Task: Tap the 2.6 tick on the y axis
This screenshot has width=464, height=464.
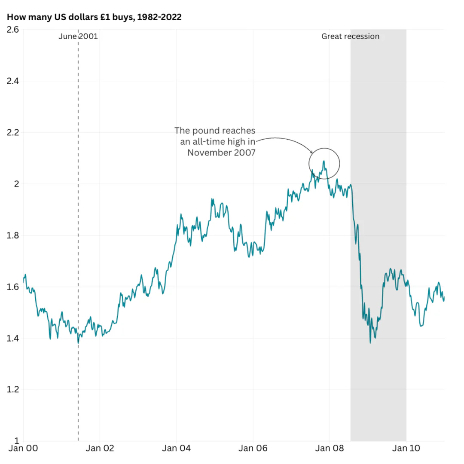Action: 12,30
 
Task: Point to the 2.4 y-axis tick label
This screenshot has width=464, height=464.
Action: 12,81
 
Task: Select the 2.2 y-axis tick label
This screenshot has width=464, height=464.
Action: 12,132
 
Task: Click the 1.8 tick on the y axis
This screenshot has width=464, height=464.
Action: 12,235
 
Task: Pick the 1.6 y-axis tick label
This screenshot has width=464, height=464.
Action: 12,287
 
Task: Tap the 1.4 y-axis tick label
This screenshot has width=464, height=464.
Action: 12,338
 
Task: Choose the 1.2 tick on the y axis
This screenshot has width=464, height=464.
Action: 12,390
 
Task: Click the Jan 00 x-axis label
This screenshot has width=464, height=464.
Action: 23,449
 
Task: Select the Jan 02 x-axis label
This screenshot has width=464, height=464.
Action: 100,449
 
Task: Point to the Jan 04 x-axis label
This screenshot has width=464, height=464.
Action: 176,449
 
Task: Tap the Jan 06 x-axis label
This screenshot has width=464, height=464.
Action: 253,449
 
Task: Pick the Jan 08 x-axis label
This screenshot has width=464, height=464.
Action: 330,449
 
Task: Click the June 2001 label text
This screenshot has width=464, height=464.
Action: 78,37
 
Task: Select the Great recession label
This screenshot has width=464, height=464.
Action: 350,37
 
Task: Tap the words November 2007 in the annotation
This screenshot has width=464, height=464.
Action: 221,152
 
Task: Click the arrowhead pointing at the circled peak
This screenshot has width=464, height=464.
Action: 312,153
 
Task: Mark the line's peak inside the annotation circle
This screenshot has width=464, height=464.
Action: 324,162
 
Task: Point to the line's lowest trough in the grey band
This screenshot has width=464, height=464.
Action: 370,342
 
